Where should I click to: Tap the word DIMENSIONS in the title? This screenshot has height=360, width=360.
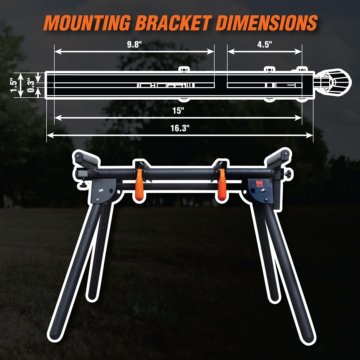(x=266, y=23)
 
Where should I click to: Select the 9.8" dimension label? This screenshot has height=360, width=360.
(x=135, y=44)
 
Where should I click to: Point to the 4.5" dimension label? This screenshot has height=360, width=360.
(x=264, y=44)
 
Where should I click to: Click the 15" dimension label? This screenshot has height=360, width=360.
(x=178, y=111)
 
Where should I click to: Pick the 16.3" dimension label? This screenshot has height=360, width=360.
(x=180, y=128)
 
